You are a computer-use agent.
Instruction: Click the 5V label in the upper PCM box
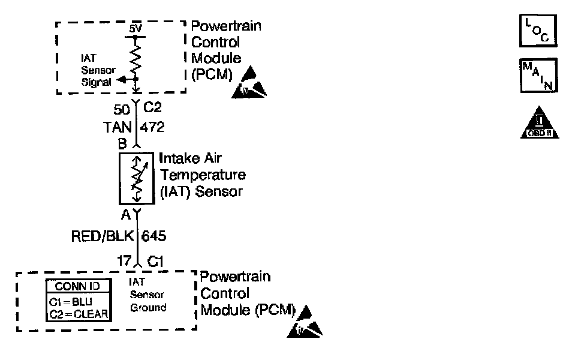pyautogui.click(x=135, y=28)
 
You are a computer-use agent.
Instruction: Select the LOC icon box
pyautogui.click(x=533, y=31)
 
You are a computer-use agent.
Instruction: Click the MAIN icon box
pyautogui.click(x=533, y=75)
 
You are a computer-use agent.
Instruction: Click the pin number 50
pyautogui.click(x=122, y=109)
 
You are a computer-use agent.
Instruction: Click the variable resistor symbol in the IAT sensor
pyautogui.click(x=136, y=178)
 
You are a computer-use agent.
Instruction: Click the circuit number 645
pyautogui.click(x=153, y=236)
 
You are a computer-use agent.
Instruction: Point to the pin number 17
pyautogui.click(x=124, y=262)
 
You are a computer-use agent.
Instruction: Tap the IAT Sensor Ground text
pyautogui.click(x=147, y=294)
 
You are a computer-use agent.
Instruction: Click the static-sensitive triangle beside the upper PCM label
pyautogui.click(x=248, y=84)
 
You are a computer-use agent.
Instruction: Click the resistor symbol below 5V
pyautogui.click(x=136, y=58)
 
